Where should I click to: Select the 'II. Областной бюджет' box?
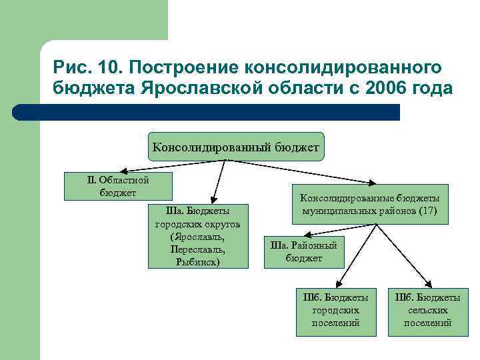coord(118,187)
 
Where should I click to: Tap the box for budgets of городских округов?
coord(198,236)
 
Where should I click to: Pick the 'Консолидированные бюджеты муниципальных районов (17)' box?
coord(369,204)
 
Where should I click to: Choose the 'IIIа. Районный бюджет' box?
coord(303,251)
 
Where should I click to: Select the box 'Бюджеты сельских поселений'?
coord(427,311)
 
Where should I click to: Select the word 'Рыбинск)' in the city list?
coord(198,262)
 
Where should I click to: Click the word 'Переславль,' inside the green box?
coord(198,249)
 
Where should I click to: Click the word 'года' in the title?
coord(434,89)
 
